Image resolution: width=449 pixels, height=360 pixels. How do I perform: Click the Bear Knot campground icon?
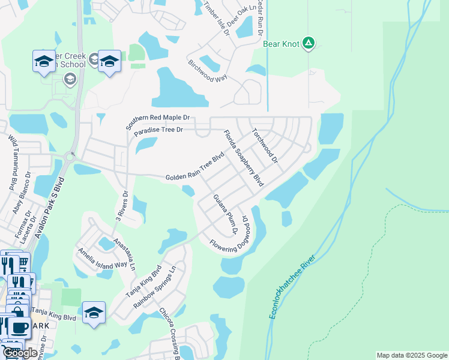[x=309, y=43]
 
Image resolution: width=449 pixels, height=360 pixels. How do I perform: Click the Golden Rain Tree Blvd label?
[x=194, y=167]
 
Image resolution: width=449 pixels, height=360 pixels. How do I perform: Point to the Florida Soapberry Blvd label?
[x=244, y=158]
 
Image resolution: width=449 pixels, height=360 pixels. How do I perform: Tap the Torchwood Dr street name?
[x=265, y=146]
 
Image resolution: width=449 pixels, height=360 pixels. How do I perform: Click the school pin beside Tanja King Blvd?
[x=94, y=312]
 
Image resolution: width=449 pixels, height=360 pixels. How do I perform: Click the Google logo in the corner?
[x=19, y=353]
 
